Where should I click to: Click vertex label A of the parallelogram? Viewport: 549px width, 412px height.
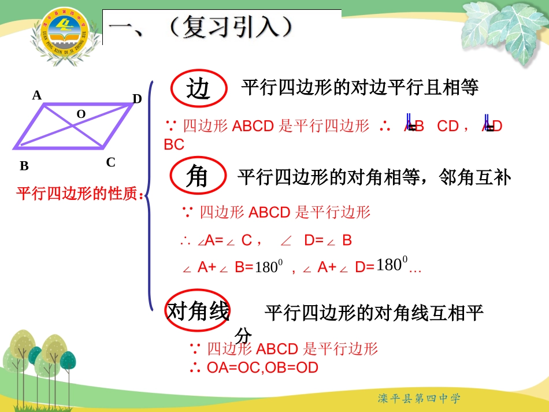tap(37, 95)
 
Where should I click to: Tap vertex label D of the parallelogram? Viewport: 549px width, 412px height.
tap(137, 99)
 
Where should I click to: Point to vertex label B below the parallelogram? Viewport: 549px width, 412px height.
tap(24, 166)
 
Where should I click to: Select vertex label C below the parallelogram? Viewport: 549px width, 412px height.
tap(110, 162)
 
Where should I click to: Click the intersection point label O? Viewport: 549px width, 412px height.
tap(81, 114)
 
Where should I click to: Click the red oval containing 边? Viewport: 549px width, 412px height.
tap(198, 89)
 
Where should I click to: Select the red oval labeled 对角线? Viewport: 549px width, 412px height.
tap(198, 312)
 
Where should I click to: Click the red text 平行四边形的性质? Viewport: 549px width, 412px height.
tap(80, 193)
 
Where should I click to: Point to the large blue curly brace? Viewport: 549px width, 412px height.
tap(149, 195)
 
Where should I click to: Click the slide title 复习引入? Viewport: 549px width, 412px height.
tap(231, 27)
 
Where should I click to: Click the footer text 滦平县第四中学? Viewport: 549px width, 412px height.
tap(419, 398)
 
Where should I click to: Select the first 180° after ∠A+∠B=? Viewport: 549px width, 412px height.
tap(268, 268)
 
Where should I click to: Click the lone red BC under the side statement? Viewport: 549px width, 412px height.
tap(174, 145)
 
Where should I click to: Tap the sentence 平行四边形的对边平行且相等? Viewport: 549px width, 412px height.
tap(360, 88)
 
